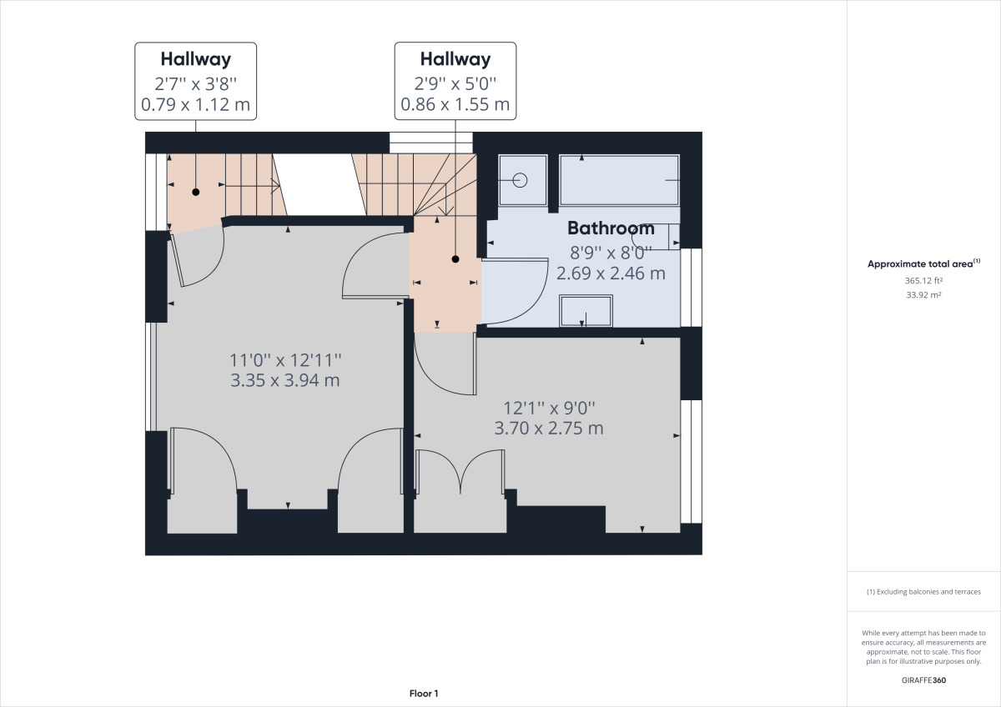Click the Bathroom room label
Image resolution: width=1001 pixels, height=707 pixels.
point(611,228)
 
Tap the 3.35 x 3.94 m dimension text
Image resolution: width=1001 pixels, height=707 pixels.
point(285,380)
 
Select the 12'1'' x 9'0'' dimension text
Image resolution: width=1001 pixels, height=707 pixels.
point(549,408)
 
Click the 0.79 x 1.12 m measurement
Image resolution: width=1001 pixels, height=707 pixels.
point(196,104)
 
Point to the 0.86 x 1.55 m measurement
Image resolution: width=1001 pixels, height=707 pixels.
point(455,104)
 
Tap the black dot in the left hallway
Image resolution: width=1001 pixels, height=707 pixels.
point(196,192)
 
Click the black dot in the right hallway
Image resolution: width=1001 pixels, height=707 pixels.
point(455,259)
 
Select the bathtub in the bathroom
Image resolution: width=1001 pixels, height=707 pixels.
point(619,180)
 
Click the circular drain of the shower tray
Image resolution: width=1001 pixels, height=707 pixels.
point(521,180)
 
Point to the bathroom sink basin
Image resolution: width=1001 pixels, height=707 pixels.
point(586,311)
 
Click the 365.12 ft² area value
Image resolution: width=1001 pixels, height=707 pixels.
point(923,280)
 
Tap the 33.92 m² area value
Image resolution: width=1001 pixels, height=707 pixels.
point(923,295)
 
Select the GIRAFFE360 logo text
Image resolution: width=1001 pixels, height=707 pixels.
point(923,680)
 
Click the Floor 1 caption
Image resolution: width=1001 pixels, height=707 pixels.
point(424,694)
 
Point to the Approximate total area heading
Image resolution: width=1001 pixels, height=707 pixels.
point(923,263)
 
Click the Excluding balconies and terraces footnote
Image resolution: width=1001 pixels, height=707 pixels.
point(923,592)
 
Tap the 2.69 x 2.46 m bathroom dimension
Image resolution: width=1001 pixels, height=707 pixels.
point(611,273)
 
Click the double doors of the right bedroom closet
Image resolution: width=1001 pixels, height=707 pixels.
point(460,472)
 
